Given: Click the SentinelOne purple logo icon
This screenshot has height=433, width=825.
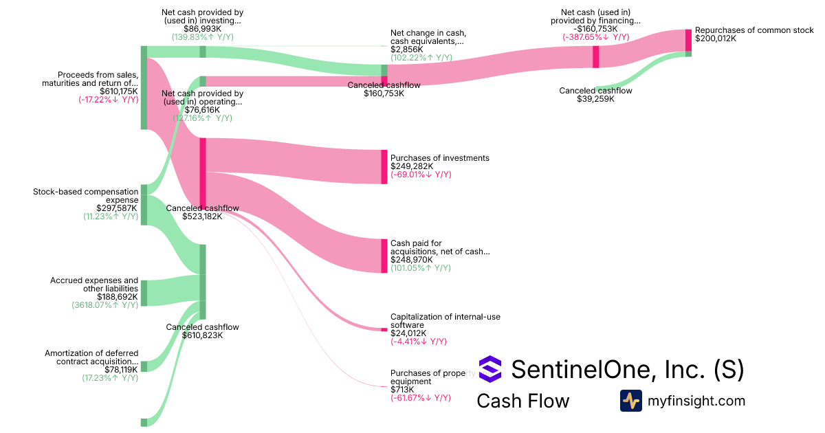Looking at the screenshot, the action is point(490,369).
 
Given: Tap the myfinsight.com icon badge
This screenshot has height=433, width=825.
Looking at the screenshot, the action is point(631,401).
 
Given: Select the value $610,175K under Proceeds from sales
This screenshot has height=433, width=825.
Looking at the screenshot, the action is point(118,91).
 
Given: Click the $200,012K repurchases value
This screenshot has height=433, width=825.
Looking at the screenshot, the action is point(716,38).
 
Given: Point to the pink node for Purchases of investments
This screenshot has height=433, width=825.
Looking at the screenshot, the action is point(384,166).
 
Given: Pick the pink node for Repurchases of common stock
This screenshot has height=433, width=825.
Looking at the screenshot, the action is point(688,40).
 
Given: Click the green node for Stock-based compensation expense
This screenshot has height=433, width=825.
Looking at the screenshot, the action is point(144,204).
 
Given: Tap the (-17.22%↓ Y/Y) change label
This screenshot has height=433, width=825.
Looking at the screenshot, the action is point(108,100).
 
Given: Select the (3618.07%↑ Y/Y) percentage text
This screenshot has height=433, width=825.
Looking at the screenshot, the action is point(104,304).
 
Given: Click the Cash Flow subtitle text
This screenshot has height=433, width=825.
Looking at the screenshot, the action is point(522,401).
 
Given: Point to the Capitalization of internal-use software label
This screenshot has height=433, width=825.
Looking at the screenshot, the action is point(445,320).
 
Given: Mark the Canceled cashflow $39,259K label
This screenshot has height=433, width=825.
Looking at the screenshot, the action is point(595,95).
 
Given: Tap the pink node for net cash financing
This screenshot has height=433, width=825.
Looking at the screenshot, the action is point(596,56).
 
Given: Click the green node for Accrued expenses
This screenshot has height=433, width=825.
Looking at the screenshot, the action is point(144,292).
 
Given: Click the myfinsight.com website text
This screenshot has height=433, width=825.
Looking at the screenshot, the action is point(696,401).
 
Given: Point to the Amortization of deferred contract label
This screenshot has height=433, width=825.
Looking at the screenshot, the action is point(91,357).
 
